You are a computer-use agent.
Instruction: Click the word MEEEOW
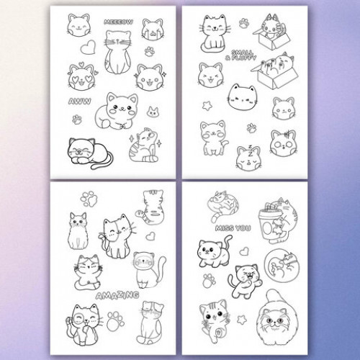tap(118, 22)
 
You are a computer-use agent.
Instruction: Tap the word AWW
tap(80, 102)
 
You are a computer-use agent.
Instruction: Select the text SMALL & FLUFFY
tap(240, 55)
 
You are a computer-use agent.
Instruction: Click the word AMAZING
tap(117, 295)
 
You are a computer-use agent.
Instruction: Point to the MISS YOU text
tap(233, 228)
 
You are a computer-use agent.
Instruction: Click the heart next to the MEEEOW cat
tap(88, 48)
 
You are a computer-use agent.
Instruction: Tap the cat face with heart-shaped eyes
tap(81, 76)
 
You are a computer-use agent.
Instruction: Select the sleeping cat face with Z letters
tap(249, 158)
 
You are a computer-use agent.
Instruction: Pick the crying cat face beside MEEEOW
tap(153, 30)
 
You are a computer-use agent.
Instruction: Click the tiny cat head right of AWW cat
tap(153, 112)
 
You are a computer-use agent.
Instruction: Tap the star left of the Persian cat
tap(242, 320)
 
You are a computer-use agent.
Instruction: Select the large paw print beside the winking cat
tap(115, 321)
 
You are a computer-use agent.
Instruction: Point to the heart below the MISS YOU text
tap(244, 251)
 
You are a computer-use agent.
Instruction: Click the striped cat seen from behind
tap(150, 207)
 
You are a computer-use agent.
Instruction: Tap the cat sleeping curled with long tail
tap(90, 153)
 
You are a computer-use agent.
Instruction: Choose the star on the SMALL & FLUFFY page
tap(207, 106)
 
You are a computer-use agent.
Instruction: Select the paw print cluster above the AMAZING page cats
tap(89, 199)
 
